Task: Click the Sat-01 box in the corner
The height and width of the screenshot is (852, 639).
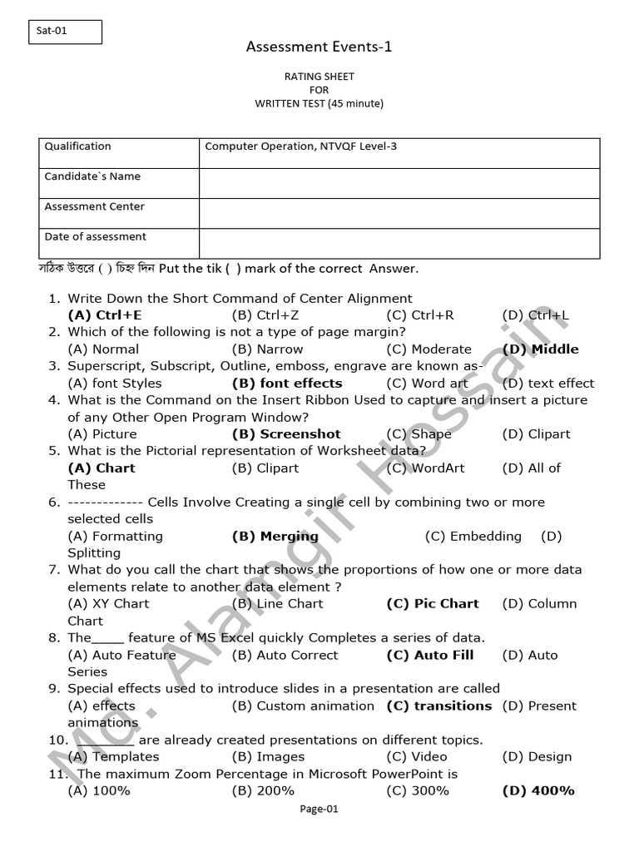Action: (65, 32)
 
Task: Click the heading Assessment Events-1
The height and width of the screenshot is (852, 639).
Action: (319, 47)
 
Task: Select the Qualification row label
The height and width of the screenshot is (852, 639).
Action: (77, 146)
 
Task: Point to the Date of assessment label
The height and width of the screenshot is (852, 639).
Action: (95, 236)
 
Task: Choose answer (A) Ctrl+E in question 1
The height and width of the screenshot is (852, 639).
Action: (105, 315)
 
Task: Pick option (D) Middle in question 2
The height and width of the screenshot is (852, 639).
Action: (540, 349)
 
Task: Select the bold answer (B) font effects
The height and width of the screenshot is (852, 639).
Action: (287, 384)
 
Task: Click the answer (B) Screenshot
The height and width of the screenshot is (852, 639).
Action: (286, 433)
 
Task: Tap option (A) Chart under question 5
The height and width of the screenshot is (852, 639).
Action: (102, 468)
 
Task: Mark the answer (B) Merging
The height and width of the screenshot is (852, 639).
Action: (275, 536)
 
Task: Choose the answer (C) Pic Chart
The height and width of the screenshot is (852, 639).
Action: (433, 604)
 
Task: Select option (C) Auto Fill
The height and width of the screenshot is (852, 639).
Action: (429, 655)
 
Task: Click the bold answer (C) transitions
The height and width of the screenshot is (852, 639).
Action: (439, 706)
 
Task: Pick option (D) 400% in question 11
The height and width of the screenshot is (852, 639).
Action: (538, 790)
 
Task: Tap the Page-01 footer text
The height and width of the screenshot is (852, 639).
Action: (319, 809)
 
